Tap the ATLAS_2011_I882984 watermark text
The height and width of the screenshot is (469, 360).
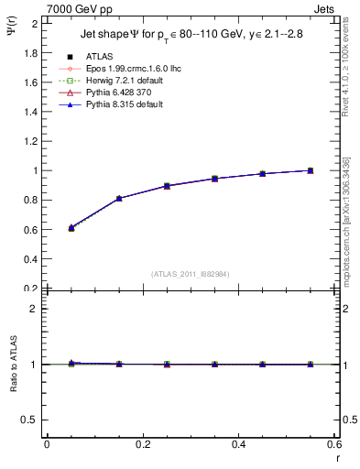(x=189, y=274)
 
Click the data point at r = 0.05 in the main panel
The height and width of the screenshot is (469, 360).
(x=71, y=227)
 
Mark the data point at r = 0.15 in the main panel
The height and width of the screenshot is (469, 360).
(x=119, y=198)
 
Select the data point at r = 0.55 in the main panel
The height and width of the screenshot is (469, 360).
(x=311, y=170)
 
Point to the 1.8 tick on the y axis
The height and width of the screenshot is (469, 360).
(x=33, y=52)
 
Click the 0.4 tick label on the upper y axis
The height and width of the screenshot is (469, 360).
(x=33, y=259)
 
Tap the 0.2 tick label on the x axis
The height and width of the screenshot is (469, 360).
(x=142, y=444)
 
